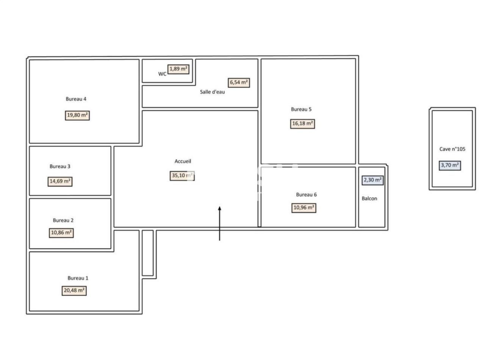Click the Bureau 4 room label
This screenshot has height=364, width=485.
click(76, 99)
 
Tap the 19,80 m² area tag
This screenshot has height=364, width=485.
click(77, 115)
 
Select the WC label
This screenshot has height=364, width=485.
click(162, 74)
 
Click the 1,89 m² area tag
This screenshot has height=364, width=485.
click(178, 69)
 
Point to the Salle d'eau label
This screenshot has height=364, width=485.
click(212, 92)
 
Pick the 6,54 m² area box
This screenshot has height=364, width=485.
click(239, 82)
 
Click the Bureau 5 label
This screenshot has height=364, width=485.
click(301, 109)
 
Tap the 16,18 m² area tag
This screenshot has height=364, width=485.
click(303, 124)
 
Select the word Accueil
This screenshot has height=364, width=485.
click(183, 161)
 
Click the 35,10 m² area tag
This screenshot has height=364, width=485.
click(182, 176)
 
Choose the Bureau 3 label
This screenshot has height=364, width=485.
click(60, 166)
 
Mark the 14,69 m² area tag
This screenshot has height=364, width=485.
click(60, 181)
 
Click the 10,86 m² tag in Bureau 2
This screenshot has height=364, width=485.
click(61, 233)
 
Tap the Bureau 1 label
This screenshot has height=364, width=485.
click(78, 278)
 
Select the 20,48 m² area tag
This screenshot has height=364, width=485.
click(74, 291)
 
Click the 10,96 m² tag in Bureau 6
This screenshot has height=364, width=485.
click(304, 208)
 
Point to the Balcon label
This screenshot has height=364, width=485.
click(369, 198)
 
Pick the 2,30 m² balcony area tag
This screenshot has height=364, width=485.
click(373, 180)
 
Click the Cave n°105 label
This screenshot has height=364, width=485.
click(452, 149)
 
